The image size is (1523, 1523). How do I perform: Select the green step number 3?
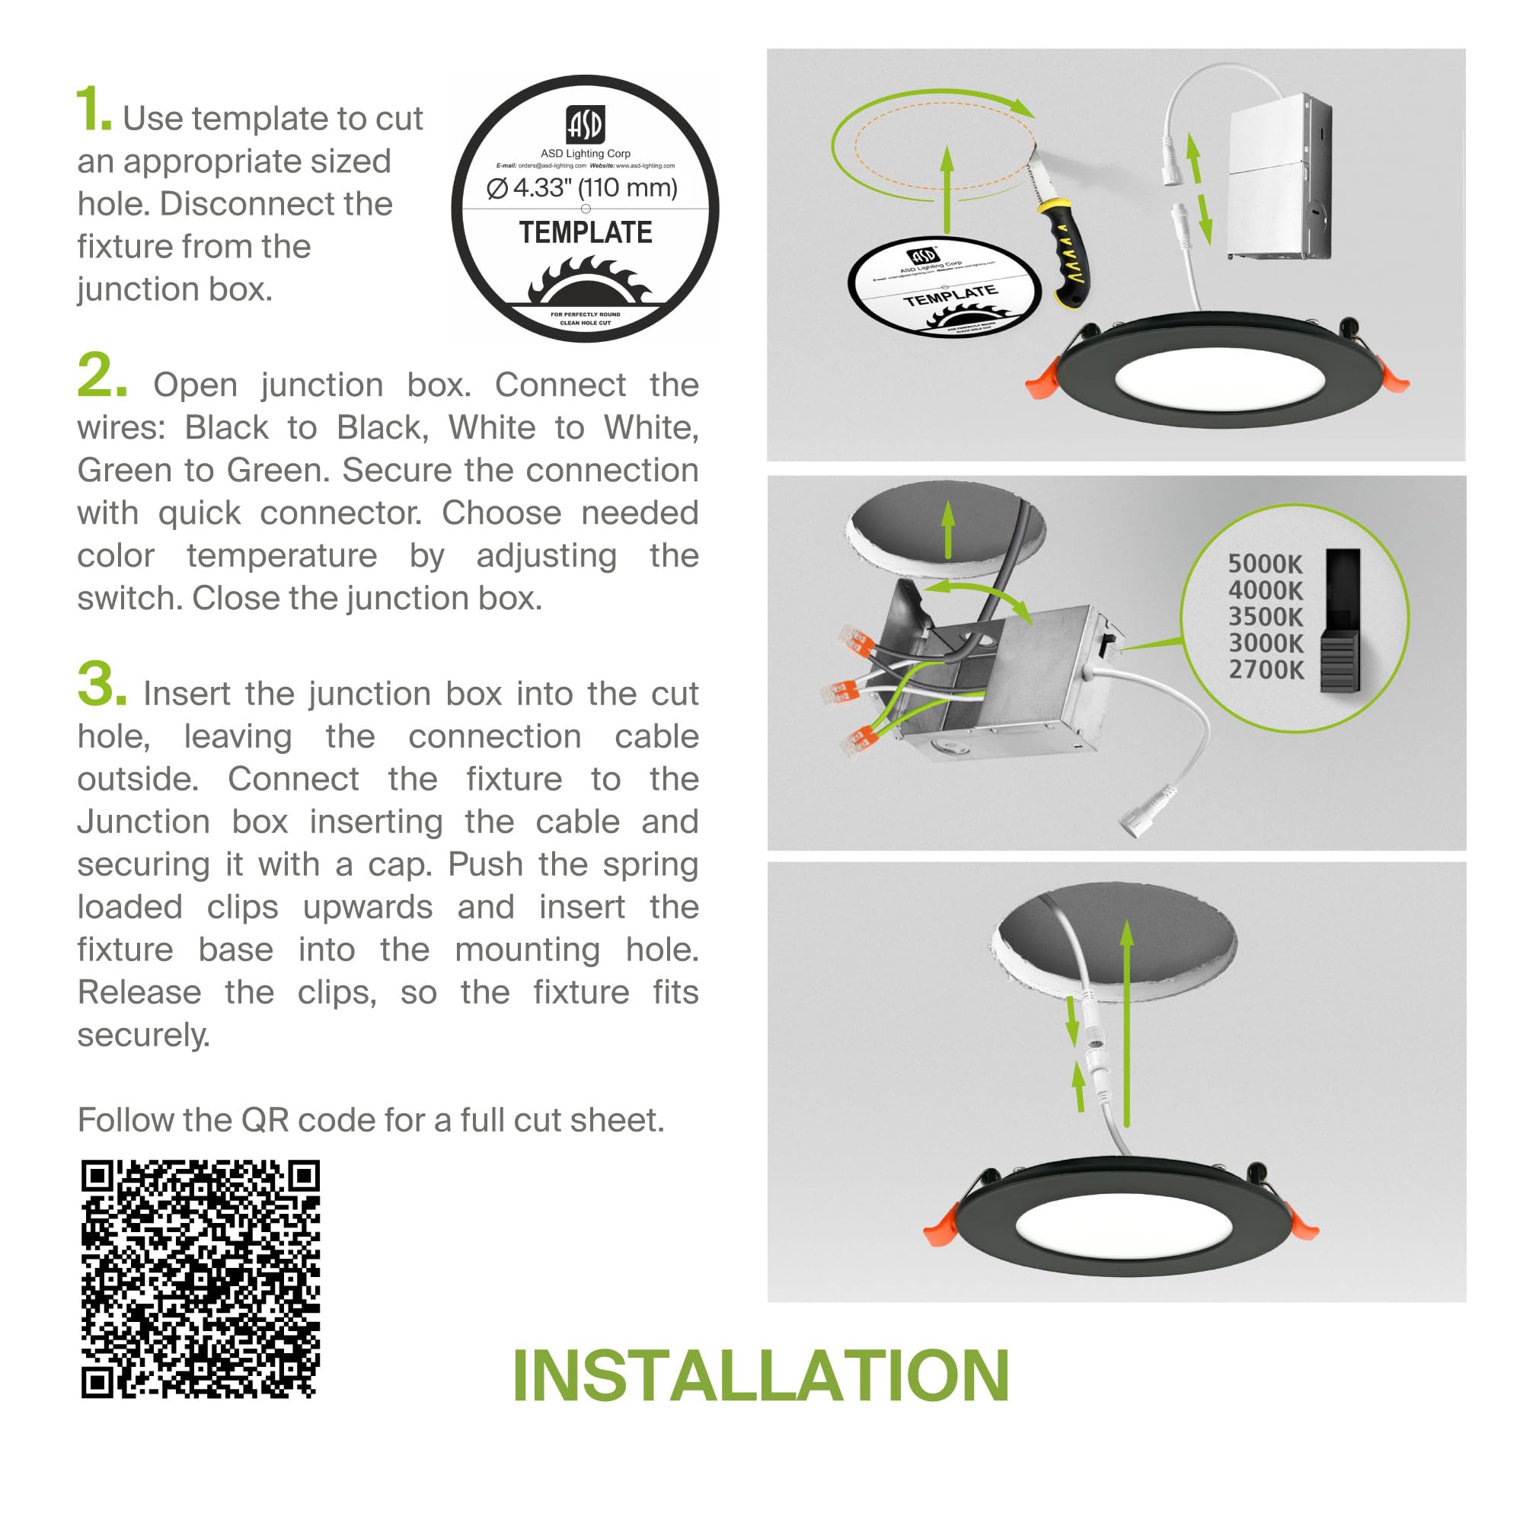[101, 685]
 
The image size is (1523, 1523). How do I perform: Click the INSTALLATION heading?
[761, 1376]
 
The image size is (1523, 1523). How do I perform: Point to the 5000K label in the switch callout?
[1264, 564]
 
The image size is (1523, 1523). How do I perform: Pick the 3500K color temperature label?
[1265, 617]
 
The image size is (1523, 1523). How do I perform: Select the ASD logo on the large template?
[585, 125]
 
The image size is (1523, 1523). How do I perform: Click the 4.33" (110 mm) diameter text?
[583, 187]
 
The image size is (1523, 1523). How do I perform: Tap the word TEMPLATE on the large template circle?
[585, 232]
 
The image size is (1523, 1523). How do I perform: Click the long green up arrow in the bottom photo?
[1127, 1025]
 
